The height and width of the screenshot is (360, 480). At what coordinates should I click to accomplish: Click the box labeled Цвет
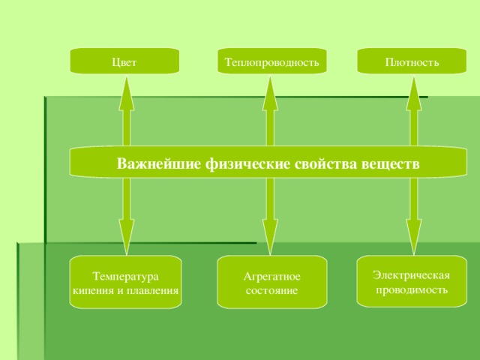click(x=124, y=61)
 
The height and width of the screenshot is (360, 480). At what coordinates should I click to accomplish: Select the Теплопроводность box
click(x=271, y=61)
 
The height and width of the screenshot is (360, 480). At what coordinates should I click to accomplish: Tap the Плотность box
click(x=412, y=61)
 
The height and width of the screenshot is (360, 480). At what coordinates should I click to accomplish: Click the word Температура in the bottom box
click(x=125, y=277)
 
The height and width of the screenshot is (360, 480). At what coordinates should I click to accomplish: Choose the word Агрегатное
click(x=272, y=277)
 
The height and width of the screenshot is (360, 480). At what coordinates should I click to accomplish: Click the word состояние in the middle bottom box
click(x=271, y=290)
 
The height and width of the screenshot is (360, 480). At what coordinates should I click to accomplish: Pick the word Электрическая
click(x=411, y=275)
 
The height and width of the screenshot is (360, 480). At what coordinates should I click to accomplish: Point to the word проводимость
click(x=412, y=289)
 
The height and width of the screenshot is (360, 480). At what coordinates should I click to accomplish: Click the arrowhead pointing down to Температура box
click(x=127, y=235)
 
